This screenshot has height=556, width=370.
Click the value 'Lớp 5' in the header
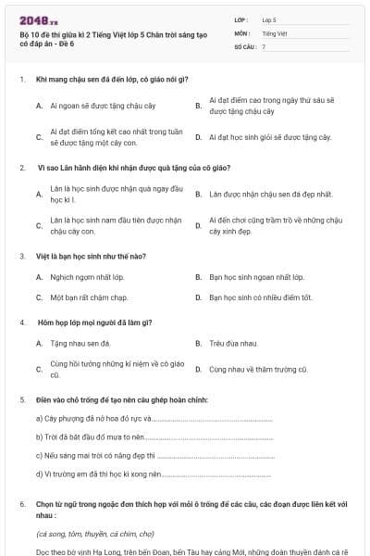[x=269, y=19]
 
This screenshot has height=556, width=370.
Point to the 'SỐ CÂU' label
[x=244, y=46]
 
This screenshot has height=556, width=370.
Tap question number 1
[x=21, y=81]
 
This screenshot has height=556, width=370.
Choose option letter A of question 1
[x=39, y=106]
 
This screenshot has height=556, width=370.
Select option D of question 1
[x=198, y=137]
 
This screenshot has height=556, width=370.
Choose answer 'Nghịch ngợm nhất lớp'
[x=87, y=277]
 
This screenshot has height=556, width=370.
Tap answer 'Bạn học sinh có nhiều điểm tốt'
[x=260, y=297]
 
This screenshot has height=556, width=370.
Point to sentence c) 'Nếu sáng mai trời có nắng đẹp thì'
[x=98, y=456]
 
